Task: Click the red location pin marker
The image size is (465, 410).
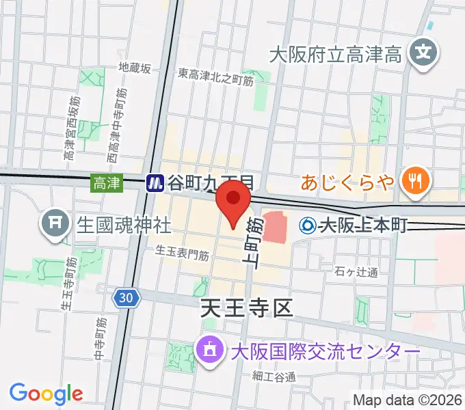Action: (232, 206)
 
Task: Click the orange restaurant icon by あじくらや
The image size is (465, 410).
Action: (414, 182)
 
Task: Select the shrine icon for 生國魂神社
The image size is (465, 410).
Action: (53, 223)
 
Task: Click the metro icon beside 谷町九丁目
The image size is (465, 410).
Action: (155, 182)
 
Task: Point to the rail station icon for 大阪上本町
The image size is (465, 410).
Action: (308, 224)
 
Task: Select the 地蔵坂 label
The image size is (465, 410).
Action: (134, 68)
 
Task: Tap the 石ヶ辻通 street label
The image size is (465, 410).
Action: (356, 273)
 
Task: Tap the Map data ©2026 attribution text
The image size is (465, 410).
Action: (407, 400)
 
